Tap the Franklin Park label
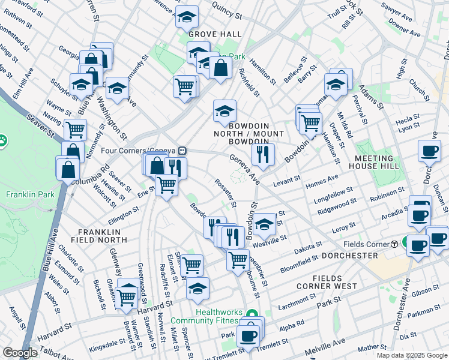30,194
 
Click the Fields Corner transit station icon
394,244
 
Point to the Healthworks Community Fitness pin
253,313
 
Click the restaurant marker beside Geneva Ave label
262,155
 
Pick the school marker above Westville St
264,226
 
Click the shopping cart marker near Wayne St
75,128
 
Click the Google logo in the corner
20,353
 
